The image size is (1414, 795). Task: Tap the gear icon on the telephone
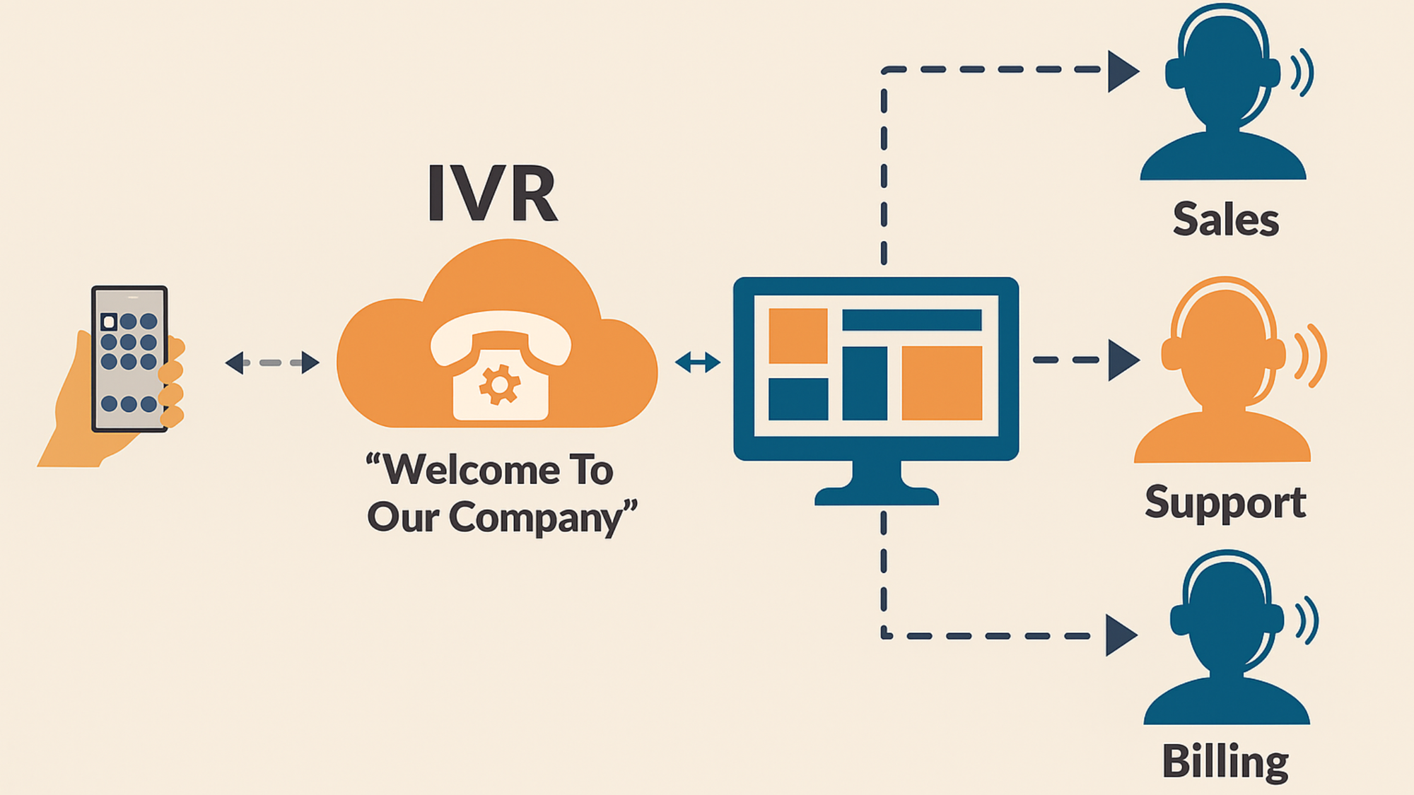point(500,384)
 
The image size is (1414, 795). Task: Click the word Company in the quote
point(535,518)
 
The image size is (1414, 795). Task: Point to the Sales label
point(1225,219)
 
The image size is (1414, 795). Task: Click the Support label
point(1225,503)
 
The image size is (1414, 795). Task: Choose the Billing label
point(1225,762)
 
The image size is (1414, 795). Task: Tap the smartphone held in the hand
point(129,358)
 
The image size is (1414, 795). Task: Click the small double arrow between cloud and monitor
point(697,363)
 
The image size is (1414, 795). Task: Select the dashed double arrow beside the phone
point(272,363)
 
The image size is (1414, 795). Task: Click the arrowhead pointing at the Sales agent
point(1122,71)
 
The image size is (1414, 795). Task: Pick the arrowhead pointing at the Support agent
point(1123,360)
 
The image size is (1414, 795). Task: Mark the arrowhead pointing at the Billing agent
point(1121,635)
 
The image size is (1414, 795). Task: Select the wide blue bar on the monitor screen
point(912,320)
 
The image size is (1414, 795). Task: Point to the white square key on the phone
point(109,322)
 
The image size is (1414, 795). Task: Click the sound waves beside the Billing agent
point(1307,620)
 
